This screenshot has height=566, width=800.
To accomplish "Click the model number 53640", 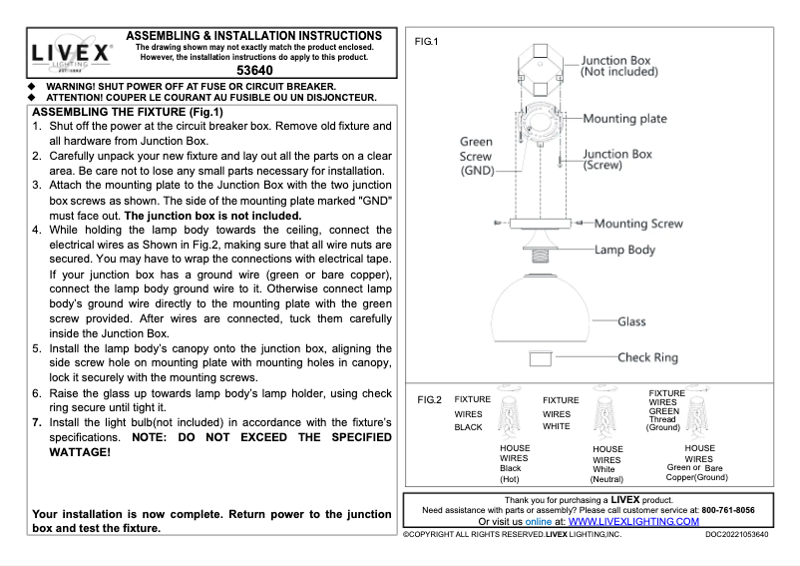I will (255, 72).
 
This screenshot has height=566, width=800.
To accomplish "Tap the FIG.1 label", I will (427, 41).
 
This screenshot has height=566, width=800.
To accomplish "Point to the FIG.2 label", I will (429, 399).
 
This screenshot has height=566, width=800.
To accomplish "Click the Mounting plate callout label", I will (624, 119).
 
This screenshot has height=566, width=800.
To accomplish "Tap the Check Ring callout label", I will (647, 357).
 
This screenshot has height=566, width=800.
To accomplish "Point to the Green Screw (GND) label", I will (476, 157).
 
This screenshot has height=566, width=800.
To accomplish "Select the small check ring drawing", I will (541, 356).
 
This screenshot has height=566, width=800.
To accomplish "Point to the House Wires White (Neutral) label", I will (606, 464).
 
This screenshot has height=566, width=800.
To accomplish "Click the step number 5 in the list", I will (37, 351).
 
